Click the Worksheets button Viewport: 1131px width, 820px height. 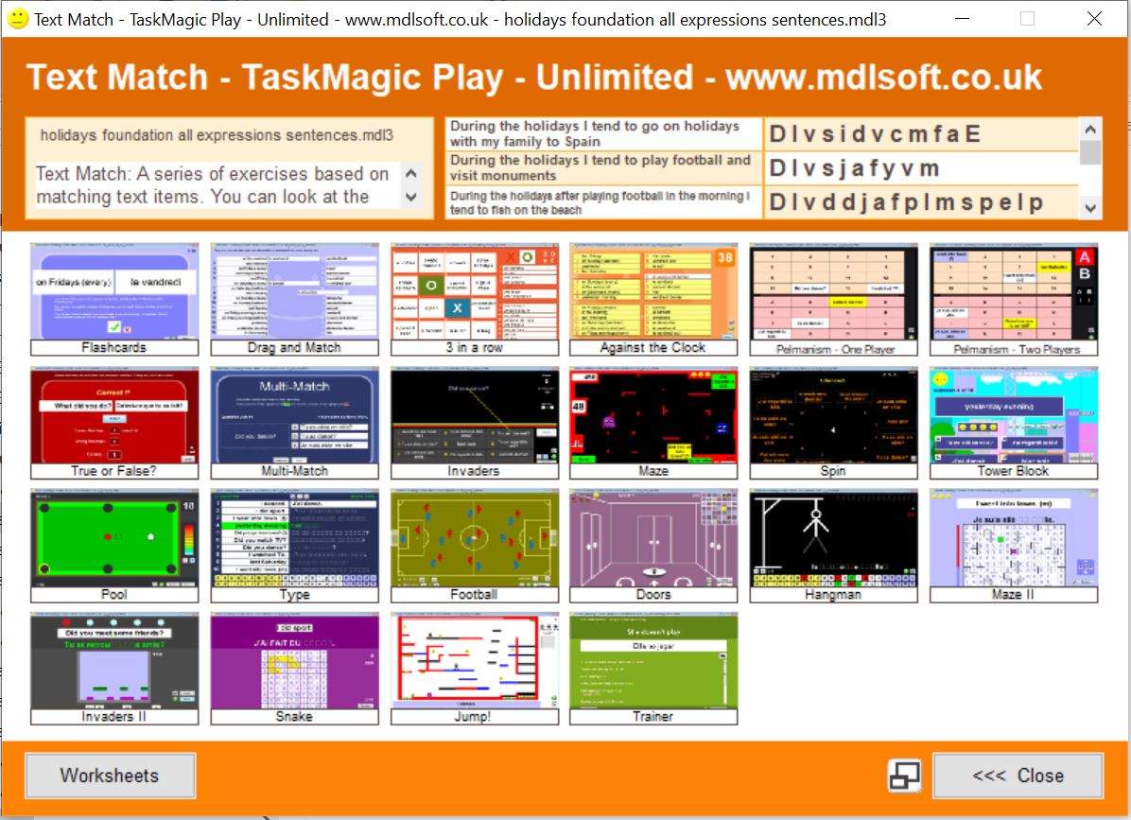tap(110, 776)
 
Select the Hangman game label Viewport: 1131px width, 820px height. tap(833, 594)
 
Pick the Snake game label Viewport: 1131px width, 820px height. tap(294, 717)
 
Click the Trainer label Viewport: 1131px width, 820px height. tap(653, 717)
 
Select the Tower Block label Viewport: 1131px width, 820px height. tap(1013, 471)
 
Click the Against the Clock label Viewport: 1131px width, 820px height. tap(653, 348)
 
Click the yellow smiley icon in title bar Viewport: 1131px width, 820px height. tap(17, 18)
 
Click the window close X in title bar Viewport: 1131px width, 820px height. tap(1093, 18)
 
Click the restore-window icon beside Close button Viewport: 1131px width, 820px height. tap(904, 776)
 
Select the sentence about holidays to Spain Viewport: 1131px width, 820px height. tap(603, 134)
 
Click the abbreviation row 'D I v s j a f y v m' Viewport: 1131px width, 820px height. tap(919, 168)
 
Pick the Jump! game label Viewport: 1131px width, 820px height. tap(474, 717)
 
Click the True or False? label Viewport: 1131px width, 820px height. tap(114, 471)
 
